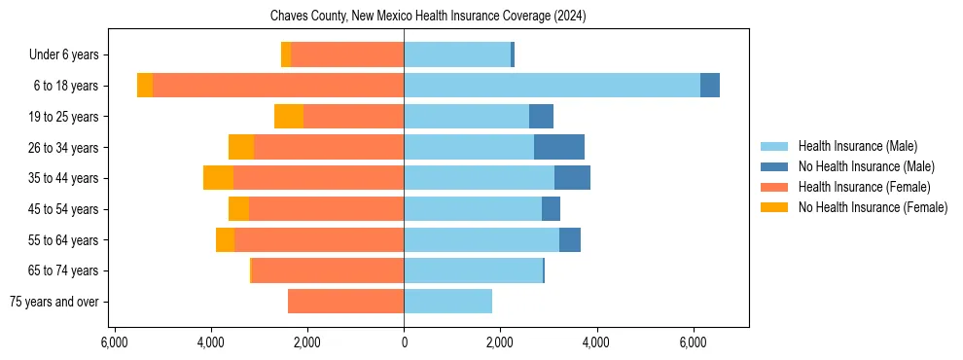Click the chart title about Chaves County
[427, 16]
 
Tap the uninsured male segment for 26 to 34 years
[559, 147]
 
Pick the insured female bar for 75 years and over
[345, 302]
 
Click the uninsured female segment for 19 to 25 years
[289, 117]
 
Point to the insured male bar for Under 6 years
[457, 54]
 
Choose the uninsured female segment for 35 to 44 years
[218, 178]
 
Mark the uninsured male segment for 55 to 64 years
[570, 239]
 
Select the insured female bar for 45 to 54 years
[326, 209]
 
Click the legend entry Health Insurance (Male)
[857, 146]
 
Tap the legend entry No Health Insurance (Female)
[873, 207]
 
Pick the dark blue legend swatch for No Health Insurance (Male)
[774, 166]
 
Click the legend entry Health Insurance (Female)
[864, 187]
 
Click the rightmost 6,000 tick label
[693, 342]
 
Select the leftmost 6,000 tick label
[115, 342]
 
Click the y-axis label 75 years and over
[53, 302]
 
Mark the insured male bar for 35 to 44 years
[479, 178]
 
